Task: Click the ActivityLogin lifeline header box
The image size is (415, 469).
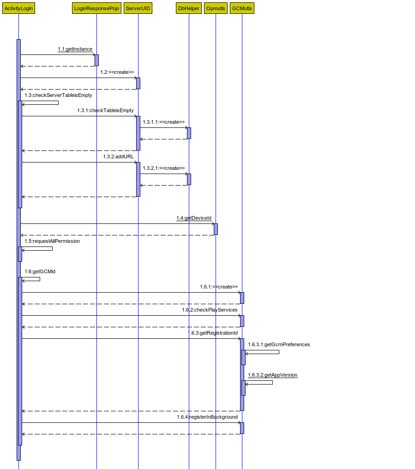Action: (x=18, y=8)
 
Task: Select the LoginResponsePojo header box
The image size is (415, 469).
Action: (x=96, y=8)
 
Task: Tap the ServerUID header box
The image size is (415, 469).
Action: (x=138, y=8)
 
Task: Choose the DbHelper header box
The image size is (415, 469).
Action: (x=189, y=8)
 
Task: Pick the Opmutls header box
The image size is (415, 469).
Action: (x=216, y=8)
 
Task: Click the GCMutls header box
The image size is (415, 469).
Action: (x=242, y=8)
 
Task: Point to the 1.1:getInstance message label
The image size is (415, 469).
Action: (x=75, y=49)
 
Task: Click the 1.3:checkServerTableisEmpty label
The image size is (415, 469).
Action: (x=58, y=95)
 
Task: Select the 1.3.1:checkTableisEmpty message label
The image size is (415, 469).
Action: (x=105, y=110)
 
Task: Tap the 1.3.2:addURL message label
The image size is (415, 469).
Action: (x=119, y=156)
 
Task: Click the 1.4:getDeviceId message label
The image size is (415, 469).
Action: (x=194, y=218)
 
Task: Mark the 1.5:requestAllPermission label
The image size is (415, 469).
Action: (x=52, y=241)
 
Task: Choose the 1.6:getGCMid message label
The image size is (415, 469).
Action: (x=40, y=271)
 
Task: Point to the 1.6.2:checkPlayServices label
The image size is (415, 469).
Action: (x=210, y=310)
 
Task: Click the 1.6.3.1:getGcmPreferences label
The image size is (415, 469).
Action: (x=279, y=344)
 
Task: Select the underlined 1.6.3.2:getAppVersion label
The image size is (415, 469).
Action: (x=272, y=375)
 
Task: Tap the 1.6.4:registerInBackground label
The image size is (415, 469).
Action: (x=207, y=417)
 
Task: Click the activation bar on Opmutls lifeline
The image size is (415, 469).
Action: (x=216, y=229)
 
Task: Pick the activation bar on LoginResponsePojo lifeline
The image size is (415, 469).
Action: (x=96, y=60)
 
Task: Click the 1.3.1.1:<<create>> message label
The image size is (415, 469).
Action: (x=164, y=122)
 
